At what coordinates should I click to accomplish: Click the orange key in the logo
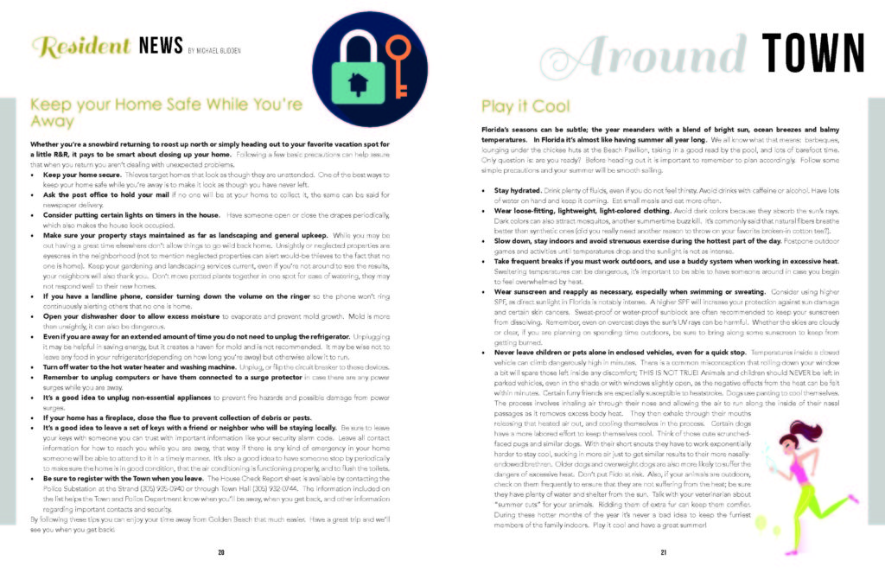397,66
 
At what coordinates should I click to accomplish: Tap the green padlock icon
353,77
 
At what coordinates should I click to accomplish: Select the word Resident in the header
80,46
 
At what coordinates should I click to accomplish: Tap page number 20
221,552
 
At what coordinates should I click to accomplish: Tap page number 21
664,552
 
